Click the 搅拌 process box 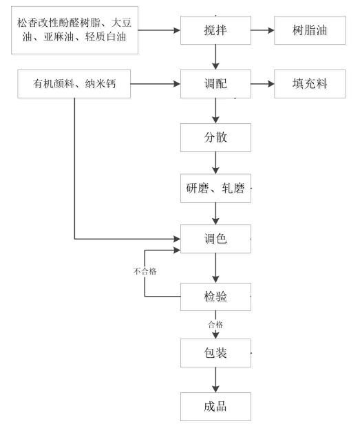[215, 30]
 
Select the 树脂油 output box [310, 30]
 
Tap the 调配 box [215, 84]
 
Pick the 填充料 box [310, 84]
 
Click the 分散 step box [215, 138]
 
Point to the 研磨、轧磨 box [215, 189]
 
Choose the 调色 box [215, 239]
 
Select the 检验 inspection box [215, 297]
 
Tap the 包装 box [215, 353]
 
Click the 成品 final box [215, 407]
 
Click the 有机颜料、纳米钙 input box [74, 84]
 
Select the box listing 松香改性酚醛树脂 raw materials [74, 30]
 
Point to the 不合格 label [145, 271]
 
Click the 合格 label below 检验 [215, 325]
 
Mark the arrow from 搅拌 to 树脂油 [262, 30]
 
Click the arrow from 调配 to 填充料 [262, 84]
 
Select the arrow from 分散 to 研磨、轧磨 [215, 163]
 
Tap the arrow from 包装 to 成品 [215, 380]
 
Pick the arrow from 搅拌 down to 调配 [215, 57]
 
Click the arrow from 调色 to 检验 [215, 268]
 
